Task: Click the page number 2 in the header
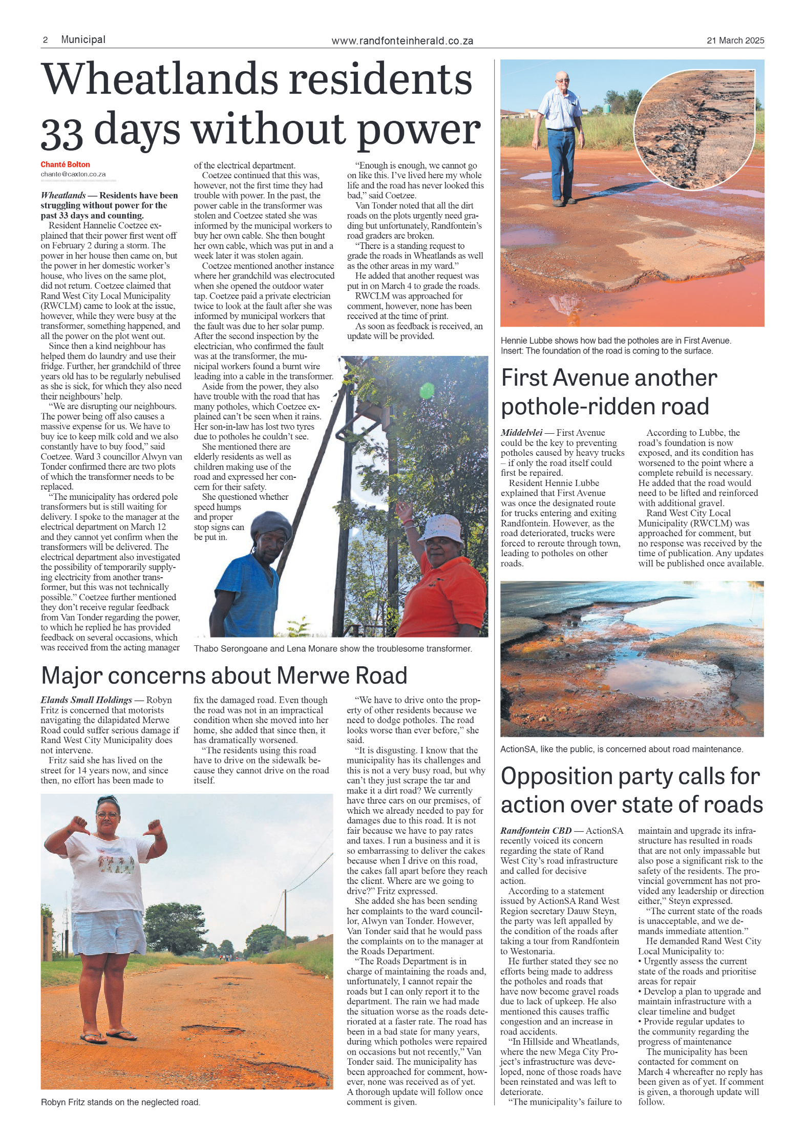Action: pos(45,40)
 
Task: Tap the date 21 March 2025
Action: pos(735,40)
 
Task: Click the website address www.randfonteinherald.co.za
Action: pos(402,41)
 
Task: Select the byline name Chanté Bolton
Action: pos(65,164)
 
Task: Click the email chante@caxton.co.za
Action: pos(73,174)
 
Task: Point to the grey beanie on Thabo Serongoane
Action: pos(271,526)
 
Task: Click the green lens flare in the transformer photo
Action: pos(427,391)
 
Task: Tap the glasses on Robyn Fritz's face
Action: pos(108,815)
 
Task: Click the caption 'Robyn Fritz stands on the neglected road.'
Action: pos(120,1102)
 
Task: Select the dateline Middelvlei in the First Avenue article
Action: pos(521,433)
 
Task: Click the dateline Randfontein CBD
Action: pos(536,831)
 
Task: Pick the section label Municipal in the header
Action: pos(83,39)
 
